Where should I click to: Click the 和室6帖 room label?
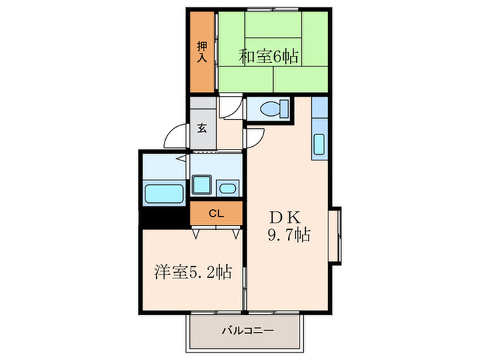point(268,57)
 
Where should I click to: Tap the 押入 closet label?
point(202,52)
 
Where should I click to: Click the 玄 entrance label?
point(203,128)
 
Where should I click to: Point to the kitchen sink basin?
point(320,145)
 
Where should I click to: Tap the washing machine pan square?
point(202,185)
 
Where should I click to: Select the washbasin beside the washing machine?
point(227,189)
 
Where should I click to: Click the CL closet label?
point(216,213)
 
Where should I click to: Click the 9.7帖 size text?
point(288,236)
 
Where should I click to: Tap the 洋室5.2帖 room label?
point(191,272)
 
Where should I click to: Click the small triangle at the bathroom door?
point(179,157)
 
